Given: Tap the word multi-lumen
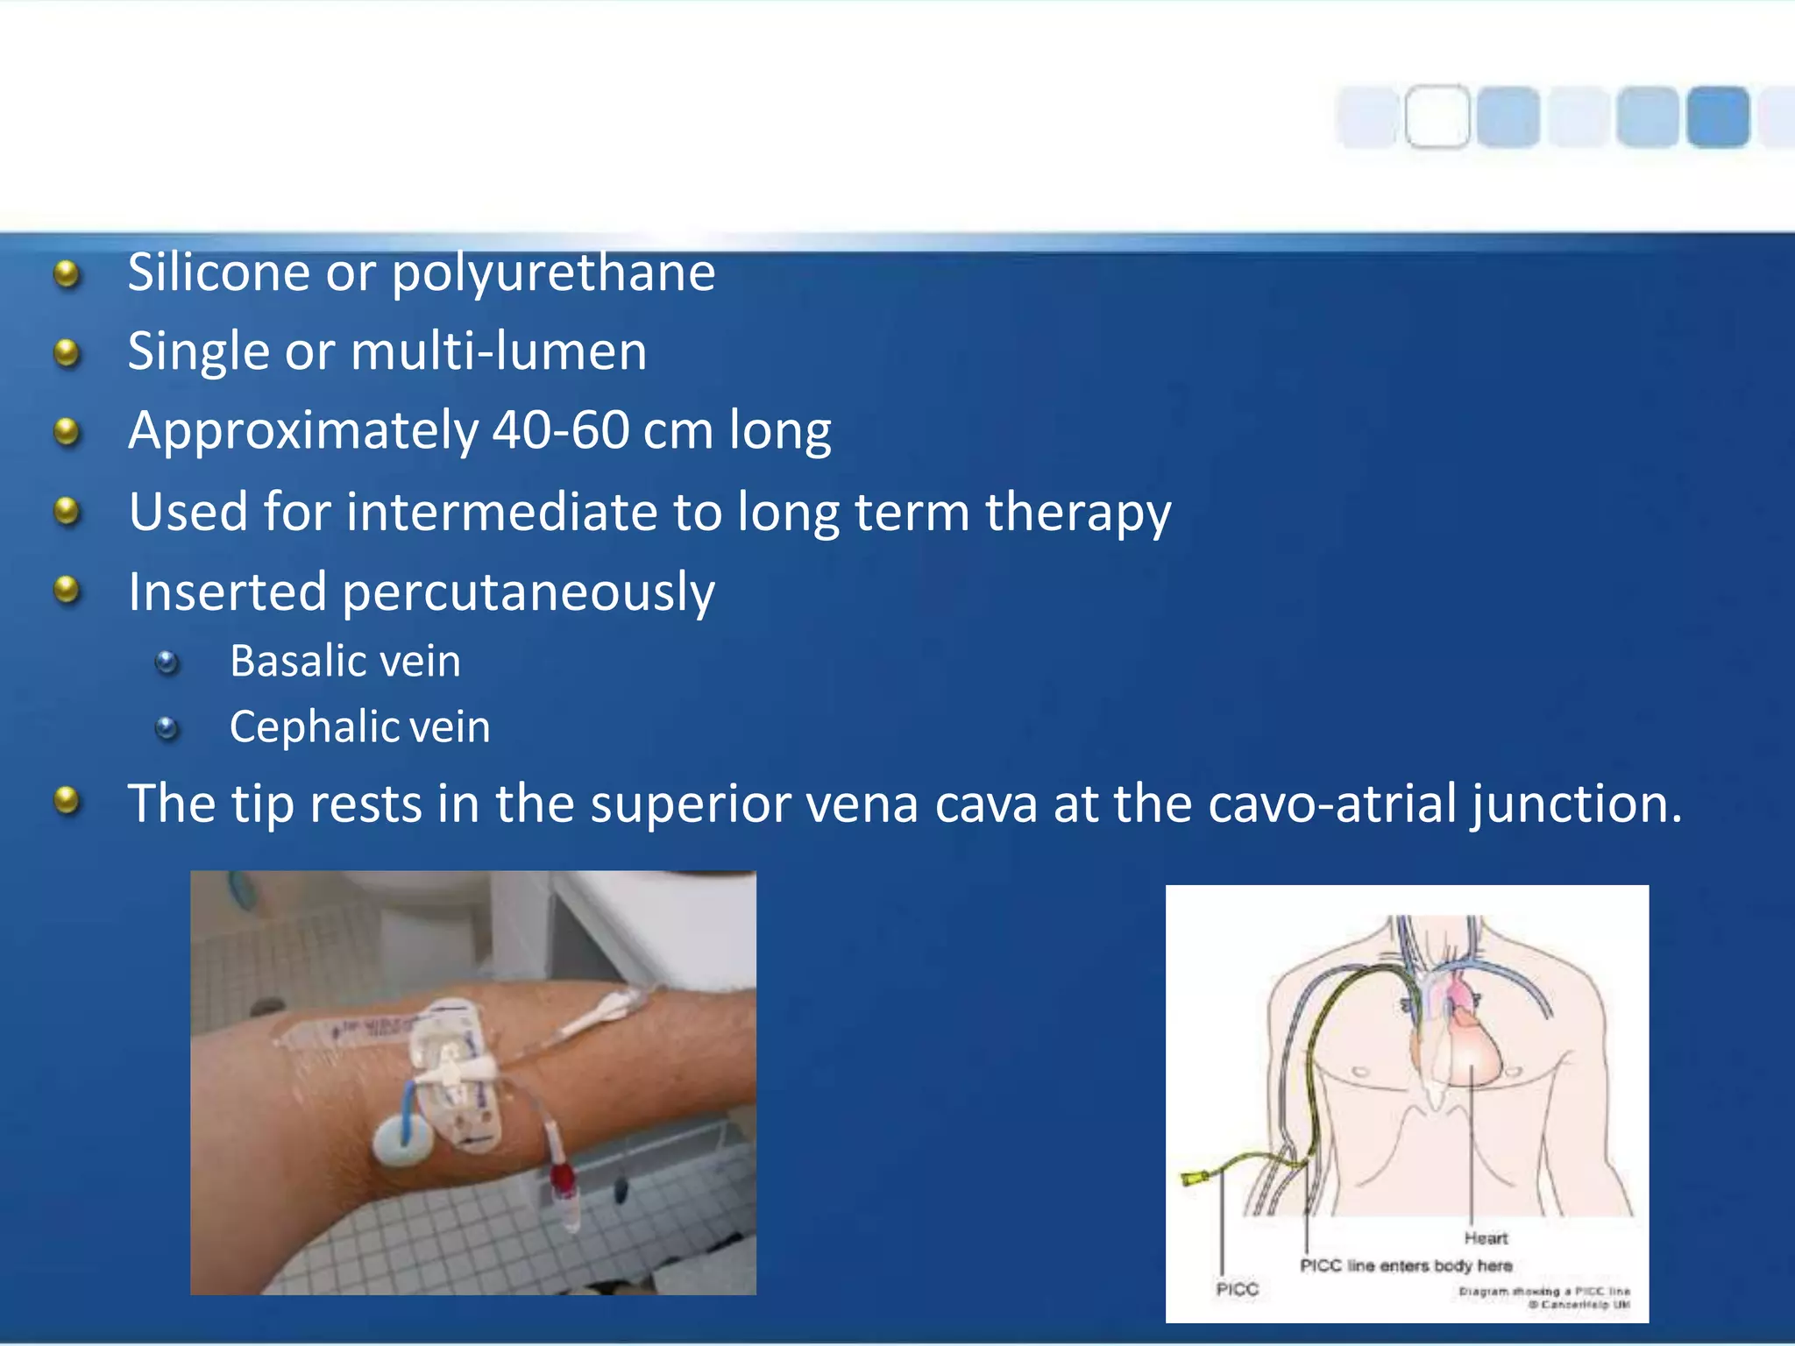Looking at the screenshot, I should [x=499, y=351].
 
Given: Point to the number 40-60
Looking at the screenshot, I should [x=560, y=430].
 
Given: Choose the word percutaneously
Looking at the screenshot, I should [x=529, y=592].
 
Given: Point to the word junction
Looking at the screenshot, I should [x=1577, y=804].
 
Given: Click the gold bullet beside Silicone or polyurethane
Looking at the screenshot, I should [x=67, y=274].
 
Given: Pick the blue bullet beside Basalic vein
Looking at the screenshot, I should [x=167, y=662].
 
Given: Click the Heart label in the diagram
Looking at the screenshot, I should [x=1486, y=1238].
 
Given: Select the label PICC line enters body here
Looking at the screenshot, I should [x=1406, y=1265].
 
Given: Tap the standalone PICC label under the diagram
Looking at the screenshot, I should [x=1237, y=1289].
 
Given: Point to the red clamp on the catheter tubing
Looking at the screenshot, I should [x=563, y=1180].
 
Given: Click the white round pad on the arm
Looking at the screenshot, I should [x=401, y=1142].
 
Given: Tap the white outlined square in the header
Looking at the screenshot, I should [x=1437, y=117].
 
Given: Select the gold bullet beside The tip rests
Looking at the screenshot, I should [x=67, y=800].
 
